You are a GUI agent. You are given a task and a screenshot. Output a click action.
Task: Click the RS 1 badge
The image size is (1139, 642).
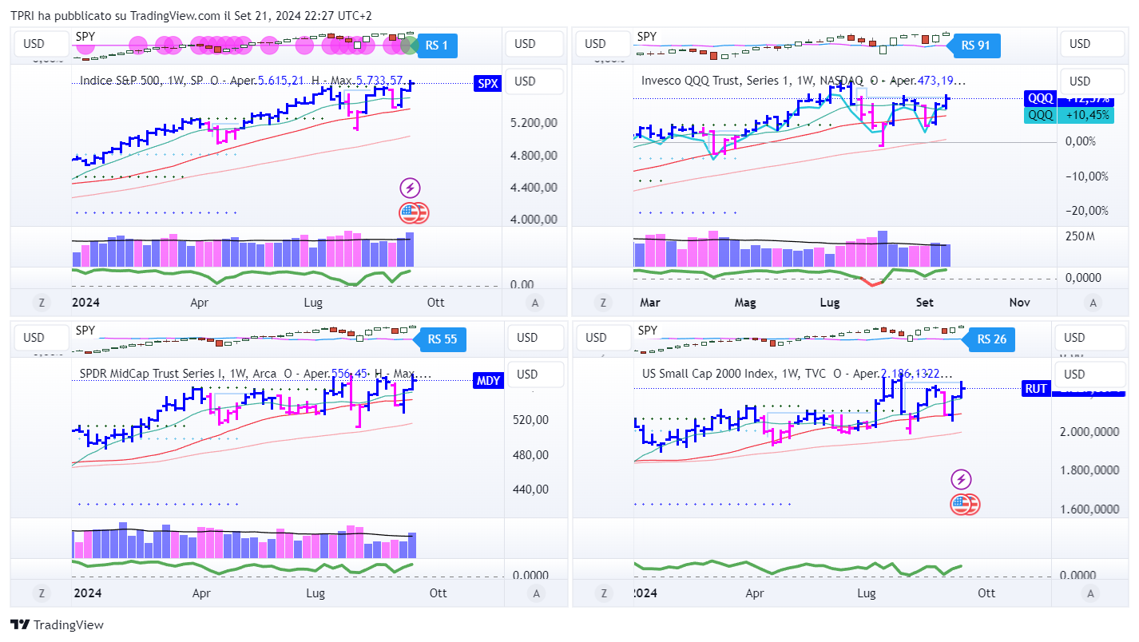pos(437,46)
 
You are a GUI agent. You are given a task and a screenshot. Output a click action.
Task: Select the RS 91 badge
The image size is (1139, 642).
pos(975,46)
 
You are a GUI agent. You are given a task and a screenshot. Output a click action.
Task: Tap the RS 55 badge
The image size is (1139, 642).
pos(442,339)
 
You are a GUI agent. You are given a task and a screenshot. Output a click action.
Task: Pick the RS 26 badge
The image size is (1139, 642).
pos(990,339)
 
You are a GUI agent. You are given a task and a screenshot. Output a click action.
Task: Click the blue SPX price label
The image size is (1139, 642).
pos(487,83)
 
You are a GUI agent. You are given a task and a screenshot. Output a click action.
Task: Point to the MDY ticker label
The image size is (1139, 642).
pos(488,380)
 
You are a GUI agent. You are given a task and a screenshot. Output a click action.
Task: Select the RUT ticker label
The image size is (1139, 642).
pos(1036,389)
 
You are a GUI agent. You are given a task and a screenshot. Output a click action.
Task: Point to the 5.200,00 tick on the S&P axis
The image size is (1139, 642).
pos(534,123)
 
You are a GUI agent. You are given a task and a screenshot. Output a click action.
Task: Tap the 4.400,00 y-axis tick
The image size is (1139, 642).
pos(534,188)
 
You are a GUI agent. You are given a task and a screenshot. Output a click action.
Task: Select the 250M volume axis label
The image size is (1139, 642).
pos(1080,236)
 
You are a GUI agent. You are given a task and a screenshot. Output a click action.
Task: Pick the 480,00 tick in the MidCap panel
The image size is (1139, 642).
pos(531,455)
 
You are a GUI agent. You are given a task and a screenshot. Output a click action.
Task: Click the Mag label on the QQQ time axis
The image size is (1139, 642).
pos(744,303)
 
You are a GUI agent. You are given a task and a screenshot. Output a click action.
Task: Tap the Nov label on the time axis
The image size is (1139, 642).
pos(1019,303)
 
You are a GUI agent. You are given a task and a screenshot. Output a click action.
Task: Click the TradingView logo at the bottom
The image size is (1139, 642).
pos(57,625)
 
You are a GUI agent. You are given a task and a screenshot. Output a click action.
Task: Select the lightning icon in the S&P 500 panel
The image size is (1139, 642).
pos(410,188)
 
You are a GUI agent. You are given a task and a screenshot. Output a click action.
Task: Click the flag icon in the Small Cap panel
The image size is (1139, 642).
pos(964,504)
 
